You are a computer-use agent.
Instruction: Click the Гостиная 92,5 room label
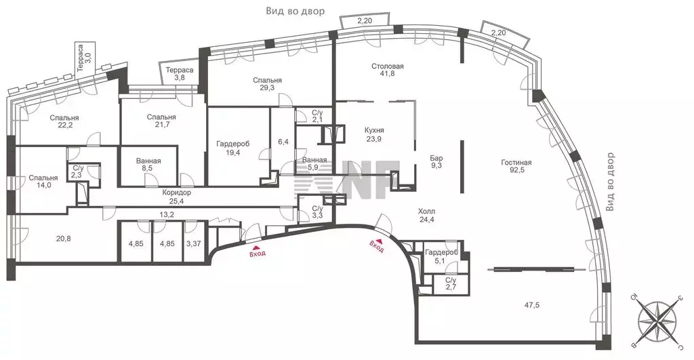click(x=516, y=167)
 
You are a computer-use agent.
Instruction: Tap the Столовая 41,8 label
click(x=387, y=70)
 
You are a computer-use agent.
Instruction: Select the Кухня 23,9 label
click(x=374, y=134)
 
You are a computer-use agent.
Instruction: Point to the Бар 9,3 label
click(x=436, y=161)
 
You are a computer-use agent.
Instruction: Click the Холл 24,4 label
click(x=426, y=215)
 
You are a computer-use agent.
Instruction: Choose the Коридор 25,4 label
click(x=177, y=197)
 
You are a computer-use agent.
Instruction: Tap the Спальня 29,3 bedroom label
click(x=267, y=84)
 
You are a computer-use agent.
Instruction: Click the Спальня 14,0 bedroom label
click(x=43, y=182)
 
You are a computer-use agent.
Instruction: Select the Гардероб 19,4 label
click(x=233, y=148)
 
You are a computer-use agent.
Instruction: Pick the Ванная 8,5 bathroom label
click(x=148, y=165)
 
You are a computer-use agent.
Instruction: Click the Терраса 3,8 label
click(x=179, y=73)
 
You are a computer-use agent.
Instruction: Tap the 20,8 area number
click(x=63, y=239)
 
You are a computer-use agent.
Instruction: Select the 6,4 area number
click(x=283, y=142)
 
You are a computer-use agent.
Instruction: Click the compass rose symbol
click(x=657, y=320)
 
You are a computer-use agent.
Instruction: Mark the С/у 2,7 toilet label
click(x=451, y=284)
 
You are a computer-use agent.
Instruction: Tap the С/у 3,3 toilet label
click(x=317, y=212)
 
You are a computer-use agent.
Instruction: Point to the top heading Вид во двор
click(x=295, y=11)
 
